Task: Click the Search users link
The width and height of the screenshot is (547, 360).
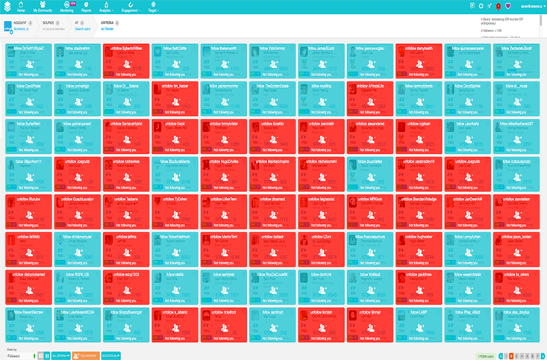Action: pos(82,29)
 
